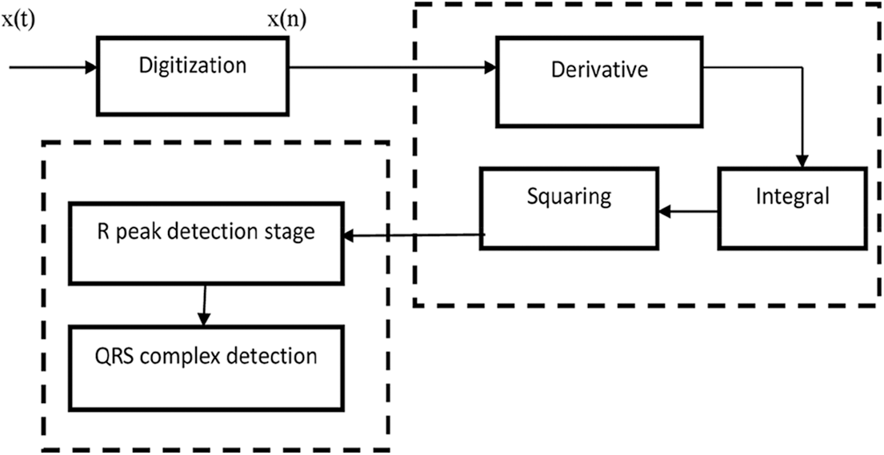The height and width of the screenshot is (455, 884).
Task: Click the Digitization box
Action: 192,74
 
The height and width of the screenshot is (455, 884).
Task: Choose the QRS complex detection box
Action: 205,365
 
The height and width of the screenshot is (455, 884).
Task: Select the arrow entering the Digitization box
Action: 53,67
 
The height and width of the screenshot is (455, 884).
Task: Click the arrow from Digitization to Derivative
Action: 392,67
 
